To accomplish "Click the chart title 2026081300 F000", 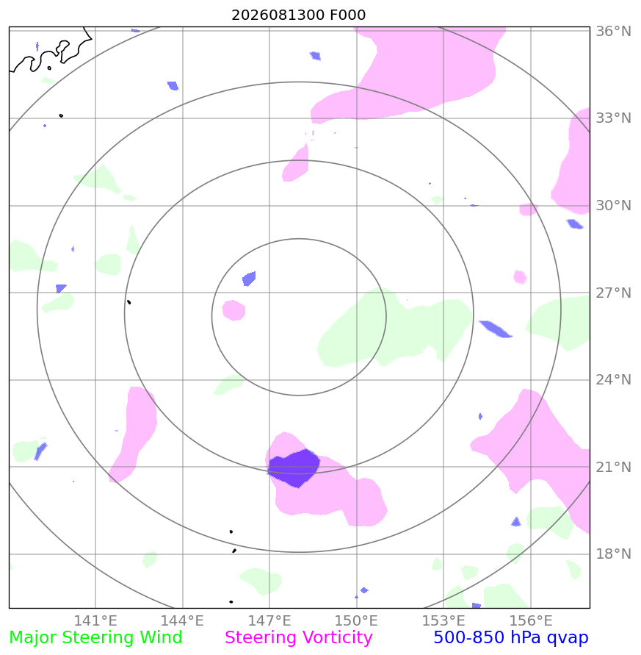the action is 298,15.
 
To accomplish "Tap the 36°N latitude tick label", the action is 613,32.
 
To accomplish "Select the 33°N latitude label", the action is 613,118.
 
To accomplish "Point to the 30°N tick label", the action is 613,206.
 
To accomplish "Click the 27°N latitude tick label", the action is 613,293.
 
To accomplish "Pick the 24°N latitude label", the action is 613,380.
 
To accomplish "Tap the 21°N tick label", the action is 613,467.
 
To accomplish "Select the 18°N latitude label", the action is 613,554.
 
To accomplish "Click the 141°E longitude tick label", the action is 95,620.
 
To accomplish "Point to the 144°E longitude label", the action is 182,620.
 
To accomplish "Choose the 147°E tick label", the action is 269,620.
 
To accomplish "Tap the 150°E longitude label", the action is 356,620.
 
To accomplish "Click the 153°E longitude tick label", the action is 443,620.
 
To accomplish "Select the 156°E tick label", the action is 531,620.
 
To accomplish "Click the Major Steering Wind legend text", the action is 95,638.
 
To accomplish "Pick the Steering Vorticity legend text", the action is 298,638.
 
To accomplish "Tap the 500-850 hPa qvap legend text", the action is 511,638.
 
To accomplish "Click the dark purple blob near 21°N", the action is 294,468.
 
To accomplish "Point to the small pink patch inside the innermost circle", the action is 233,310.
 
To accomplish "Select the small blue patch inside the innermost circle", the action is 249,279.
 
